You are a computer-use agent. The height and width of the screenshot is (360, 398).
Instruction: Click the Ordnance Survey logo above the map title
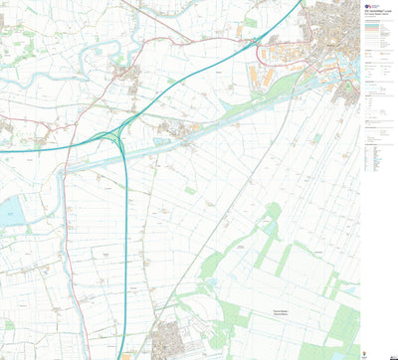point(369,4)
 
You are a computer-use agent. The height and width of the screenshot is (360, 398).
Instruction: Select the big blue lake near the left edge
point(11,210)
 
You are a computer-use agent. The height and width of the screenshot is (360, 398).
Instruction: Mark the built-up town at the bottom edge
point(168,339)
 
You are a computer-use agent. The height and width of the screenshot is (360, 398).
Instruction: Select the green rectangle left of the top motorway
point(249,21)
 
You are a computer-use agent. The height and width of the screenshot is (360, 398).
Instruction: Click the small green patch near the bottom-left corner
point(9,324)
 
